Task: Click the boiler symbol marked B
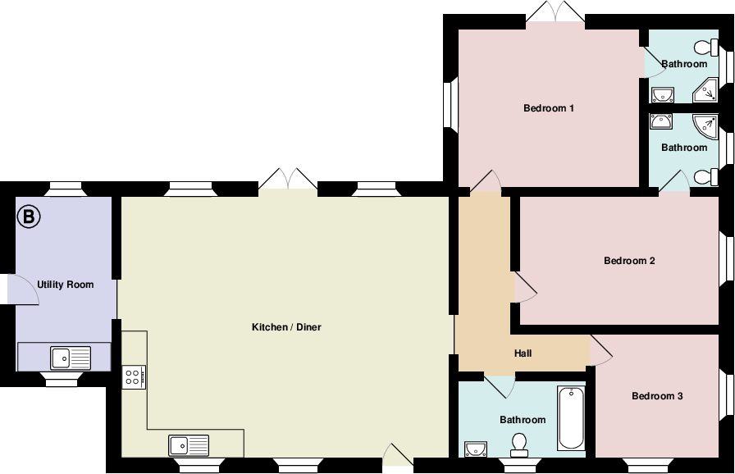coord(29,217)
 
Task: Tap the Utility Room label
coord(65,285)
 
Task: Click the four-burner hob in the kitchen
coord(134,377)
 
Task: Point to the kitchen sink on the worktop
coord(189,444)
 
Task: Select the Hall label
coord(523,353)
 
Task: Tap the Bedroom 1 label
coord(548,108)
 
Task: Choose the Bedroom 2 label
coord(628,262)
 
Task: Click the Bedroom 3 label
coord(657,396)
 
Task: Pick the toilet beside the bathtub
coord(518,444)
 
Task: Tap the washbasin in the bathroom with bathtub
coord(477,448)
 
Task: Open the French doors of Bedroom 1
coord(556,13)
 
